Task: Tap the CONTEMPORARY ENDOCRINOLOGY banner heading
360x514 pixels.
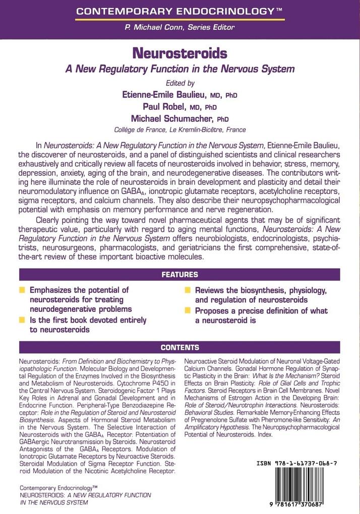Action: click(x=180, y=10)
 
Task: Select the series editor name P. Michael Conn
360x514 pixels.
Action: click(x=180, y=28)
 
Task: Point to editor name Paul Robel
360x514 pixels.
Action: click(x=172, y=106)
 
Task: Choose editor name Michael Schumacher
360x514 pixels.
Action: click(x=172, y=118)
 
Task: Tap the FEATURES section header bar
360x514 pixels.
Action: click(x=180, y=275)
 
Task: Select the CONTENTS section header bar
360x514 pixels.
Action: click(x=180, y=348)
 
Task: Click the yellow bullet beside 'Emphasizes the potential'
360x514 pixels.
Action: click(x=22, y=290)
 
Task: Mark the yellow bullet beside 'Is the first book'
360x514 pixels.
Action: click(x=22, y=320)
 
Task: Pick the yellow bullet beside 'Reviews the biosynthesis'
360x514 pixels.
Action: click(x=188, y=291)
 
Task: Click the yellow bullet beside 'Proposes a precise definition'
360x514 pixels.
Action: click(x=188, y=311)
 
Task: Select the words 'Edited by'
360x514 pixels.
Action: click(x=180, y=83)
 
